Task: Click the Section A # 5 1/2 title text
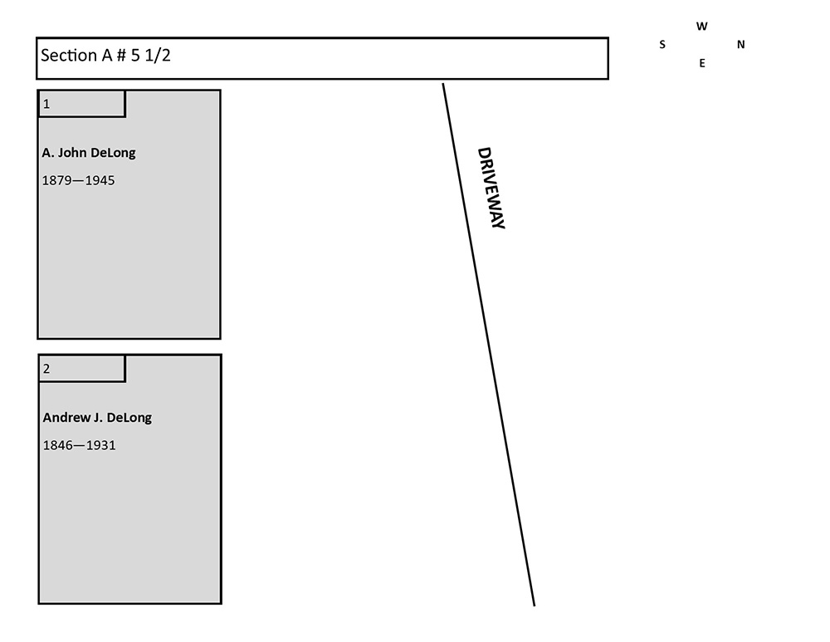tap(106, 56)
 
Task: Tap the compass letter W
tap(702, 27)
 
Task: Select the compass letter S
tap(662, 45)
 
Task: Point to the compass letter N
tap(740, 45)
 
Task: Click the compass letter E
tap(702, 63)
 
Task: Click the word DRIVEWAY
tap(491, 188)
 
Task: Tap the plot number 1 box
tap(81, 104)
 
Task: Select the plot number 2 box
tap(81, 369)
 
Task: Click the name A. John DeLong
tap(89, 153)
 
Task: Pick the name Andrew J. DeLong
tap(97, 418)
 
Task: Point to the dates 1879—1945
tap(79, 180)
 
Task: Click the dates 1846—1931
tap(79, 445)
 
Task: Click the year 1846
tap(56, 445)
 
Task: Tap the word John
tap(72, 153)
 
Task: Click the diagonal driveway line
tap(488, 345)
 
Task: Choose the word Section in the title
tap(69, 56)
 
